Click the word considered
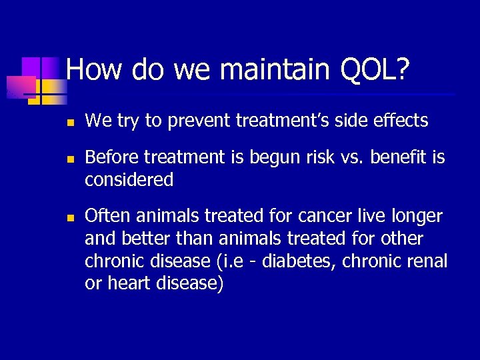[x=129, y=180]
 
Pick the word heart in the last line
[x=129, y=284]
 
